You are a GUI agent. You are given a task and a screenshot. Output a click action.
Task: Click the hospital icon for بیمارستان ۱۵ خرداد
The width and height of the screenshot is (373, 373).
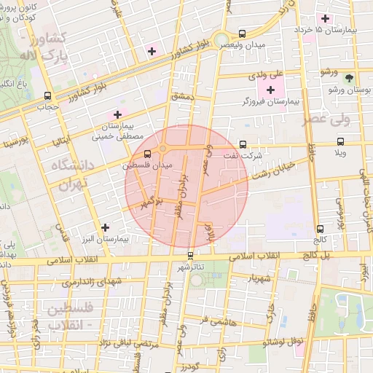coord(325,17)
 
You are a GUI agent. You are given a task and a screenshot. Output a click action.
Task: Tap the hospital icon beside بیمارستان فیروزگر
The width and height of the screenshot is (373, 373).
coord(271,90)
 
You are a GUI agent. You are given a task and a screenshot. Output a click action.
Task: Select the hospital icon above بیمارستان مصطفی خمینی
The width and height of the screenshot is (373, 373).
coord(117,114)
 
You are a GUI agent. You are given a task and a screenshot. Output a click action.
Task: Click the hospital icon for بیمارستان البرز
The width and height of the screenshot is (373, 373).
coord(106,228)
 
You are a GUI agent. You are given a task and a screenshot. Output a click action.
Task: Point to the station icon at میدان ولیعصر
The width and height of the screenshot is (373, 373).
coord(242,33)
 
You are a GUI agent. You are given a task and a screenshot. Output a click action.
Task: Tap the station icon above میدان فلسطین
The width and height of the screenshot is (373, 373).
coord(149,154)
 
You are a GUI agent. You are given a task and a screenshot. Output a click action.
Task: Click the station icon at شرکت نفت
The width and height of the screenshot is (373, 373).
coord(243,144)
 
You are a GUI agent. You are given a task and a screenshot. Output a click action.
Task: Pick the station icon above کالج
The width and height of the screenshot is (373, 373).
coord(321,228)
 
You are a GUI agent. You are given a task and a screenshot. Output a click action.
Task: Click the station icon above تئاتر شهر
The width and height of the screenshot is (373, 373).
coord(191,255)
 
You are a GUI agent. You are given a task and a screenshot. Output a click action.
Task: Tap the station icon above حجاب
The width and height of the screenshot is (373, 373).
coord(48,95)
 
